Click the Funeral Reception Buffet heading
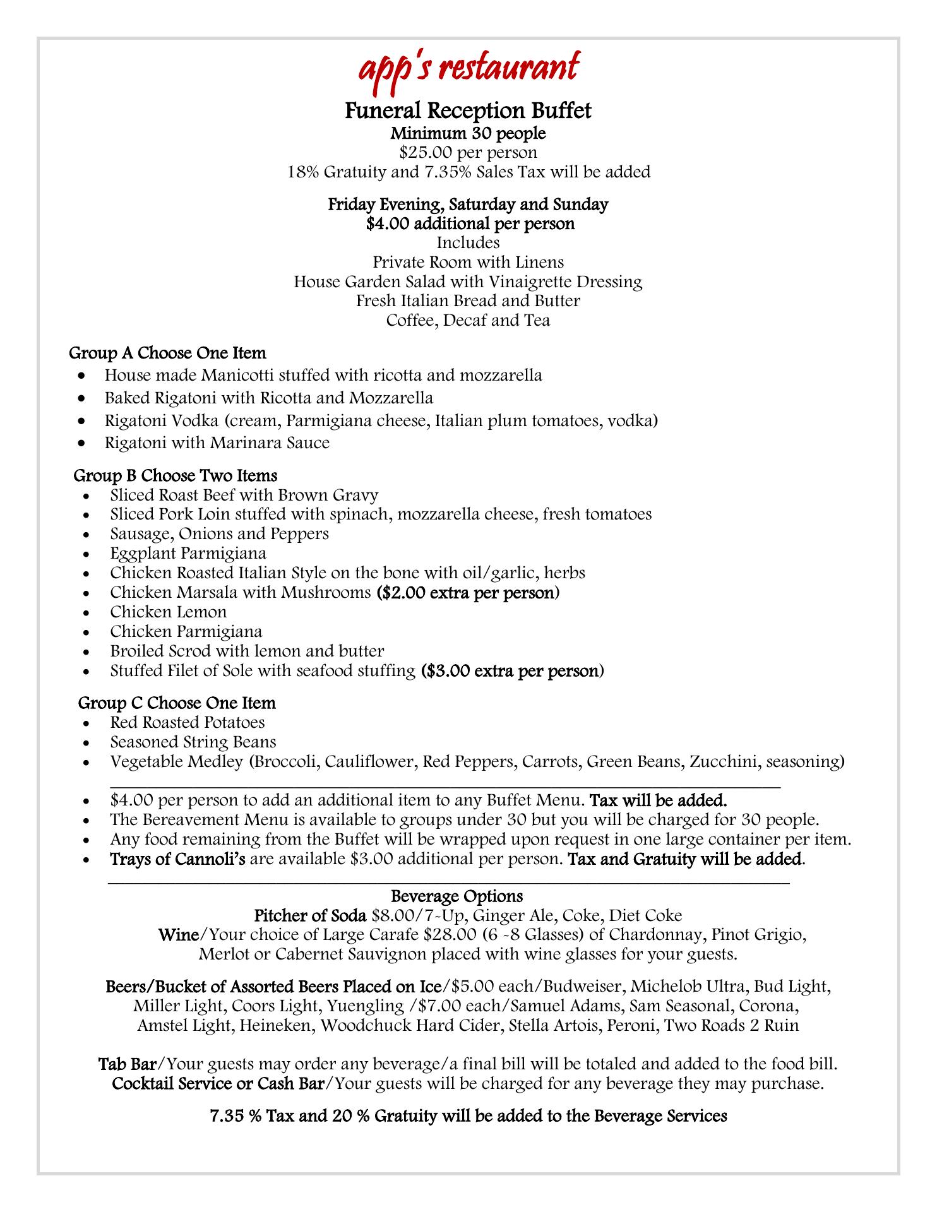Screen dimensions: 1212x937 [468, 111]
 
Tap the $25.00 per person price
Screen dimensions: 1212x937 [468, 152]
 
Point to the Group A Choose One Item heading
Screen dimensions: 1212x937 [167, 352]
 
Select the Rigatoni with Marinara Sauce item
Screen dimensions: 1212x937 [217, 443]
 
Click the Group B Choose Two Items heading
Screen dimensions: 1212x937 [176, 475]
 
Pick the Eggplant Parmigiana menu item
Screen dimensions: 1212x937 [188, 554]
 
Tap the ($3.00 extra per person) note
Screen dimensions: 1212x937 [512, 670]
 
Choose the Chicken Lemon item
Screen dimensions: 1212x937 [169, 612]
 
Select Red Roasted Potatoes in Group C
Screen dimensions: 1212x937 [188, 722]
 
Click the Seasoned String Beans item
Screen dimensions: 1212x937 [193, 742]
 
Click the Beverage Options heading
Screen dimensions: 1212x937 [457, 896]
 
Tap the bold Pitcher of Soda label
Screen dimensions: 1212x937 [310, 915]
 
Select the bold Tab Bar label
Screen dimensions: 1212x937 [127, 1064]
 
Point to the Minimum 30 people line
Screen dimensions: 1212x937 [468, 133]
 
